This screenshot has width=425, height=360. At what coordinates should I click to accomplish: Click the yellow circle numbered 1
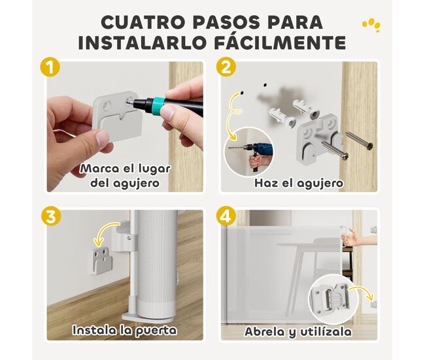pos(50,67)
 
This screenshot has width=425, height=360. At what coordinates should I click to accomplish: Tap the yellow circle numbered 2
pos(226,67)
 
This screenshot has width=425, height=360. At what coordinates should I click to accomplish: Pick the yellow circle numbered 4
pos(226,216)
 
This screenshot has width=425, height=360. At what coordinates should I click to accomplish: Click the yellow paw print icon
pos(371,25)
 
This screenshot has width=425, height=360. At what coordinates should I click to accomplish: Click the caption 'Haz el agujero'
pos(299,184)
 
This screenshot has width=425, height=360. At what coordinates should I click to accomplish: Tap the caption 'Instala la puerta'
pos(124,331)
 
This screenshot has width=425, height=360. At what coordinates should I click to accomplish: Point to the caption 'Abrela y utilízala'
pos(298,331)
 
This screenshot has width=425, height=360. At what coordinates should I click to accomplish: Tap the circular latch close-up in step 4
pos(333,298)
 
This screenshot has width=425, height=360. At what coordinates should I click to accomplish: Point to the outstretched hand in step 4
pos(358,239)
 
